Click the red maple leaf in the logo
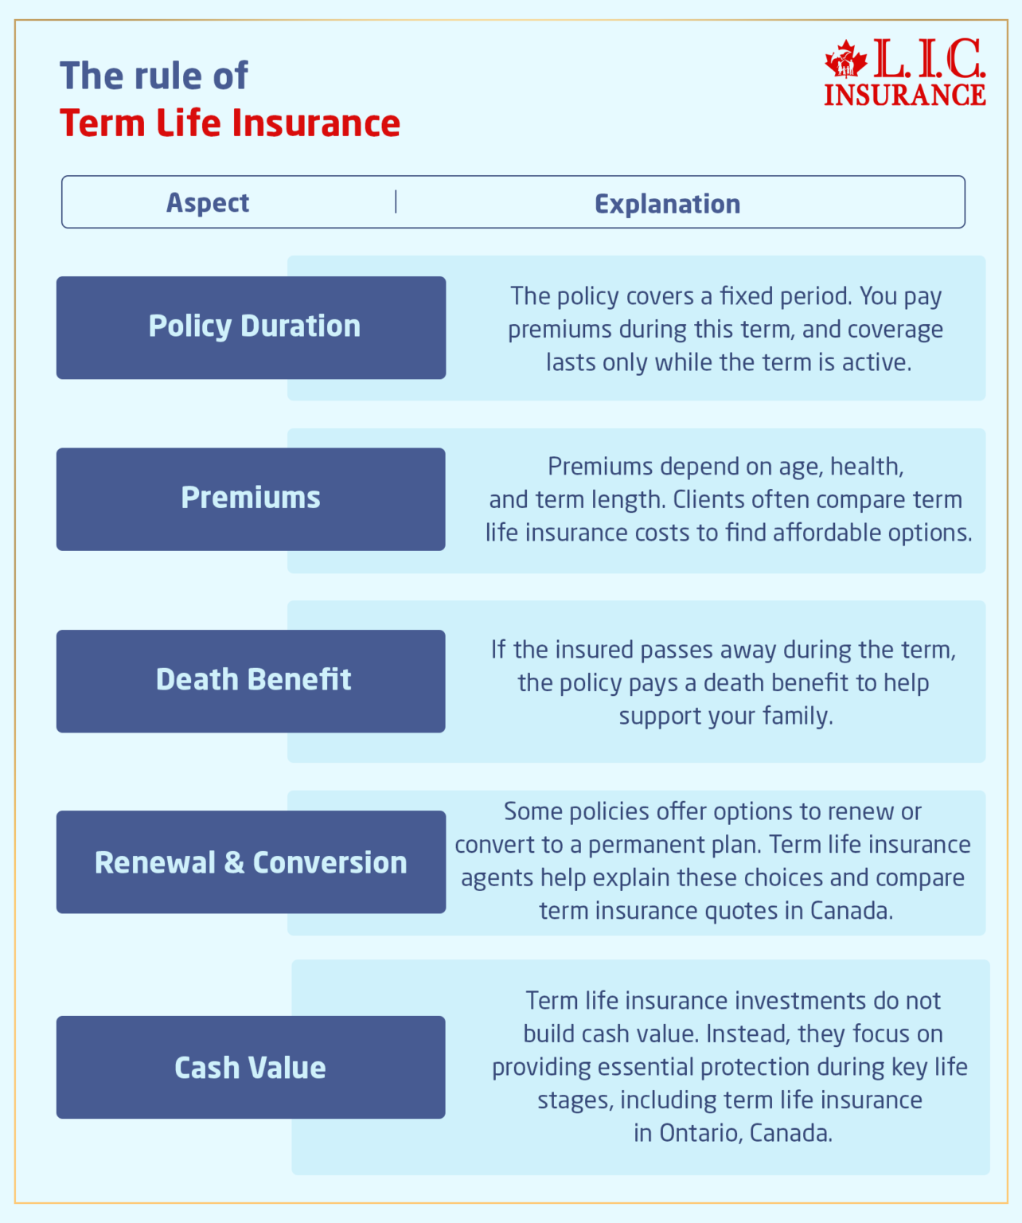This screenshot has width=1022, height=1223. [x=846, y=60]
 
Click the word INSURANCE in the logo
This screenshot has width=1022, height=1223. [x=904, y=95]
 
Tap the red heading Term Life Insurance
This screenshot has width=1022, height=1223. [x=230, y=123]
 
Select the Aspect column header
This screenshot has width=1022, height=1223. [x=208, y=203]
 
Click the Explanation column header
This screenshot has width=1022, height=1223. [x=667, y=204]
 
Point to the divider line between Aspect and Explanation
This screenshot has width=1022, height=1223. [x=396, y=202]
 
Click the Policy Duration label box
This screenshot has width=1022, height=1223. [x=251, y=327]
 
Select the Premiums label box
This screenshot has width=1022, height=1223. [x=251, y=498]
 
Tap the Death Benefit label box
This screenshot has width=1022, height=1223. [x=251, y=681]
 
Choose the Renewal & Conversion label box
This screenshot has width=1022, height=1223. [x=251, y=862]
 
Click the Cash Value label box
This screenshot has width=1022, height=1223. [x=251, y=1068]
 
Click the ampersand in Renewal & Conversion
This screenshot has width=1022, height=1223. [x=234, y=863]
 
